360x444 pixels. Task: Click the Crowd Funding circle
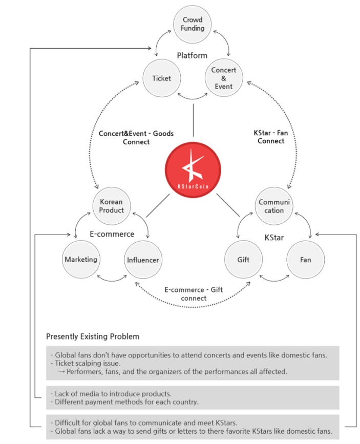(192, 24)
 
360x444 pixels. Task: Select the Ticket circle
(161, 78)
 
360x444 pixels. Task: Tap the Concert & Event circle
(224, 78)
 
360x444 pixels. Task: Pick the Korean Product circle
(112, 206)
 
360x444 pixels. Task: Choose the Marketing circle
(81, 260)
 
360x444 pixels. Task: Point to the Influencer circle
(143, 260)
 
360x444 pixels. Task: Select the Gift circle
(243, 260)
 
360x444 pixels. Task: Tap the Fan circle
(305, 260)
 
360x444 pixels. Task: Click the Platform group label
(192, 55)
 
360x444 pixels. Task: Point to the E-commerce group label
(112, 234)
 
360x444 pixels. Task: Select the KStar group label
(274, 238)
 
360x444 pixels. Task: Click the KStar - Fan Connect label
(271, 137)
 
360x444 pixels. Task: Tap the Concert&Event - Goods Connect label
(136, 137)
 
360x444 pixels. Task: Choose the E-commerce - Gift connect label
(193, 293)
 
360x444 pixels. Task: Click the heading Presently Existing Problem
(93, 336)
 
